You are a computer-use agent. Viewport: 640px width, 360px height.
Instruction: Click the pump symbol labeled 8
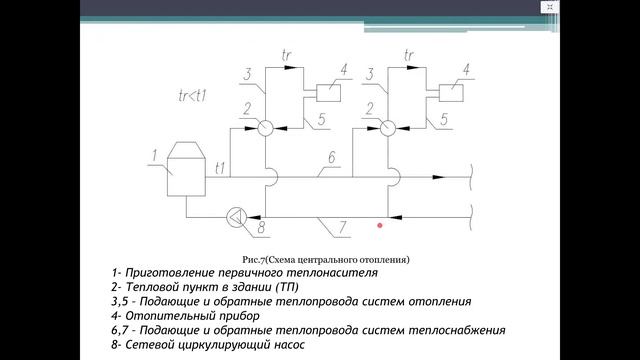[x=237, y=215]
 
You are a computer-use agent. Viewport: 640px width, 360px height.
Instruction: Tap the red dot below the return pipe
[x=380, y=226]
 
